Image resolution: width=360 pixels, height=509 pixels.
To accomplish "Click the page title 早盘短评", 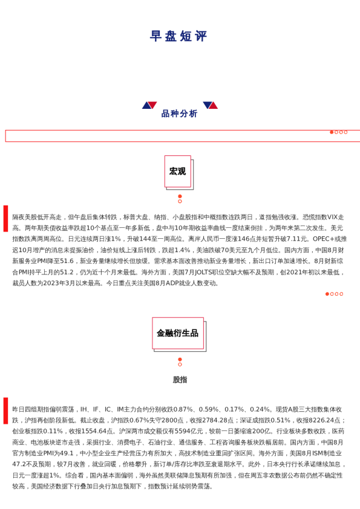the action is coord(178,36).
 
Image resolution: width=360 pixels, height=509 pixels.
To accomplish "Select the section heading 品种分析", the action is coord(180,114).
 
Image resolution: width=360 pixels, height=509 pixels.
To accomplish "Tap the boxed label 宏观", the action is coord(177,172).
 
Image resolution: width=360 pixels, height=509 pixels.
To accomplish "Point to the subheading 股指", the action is coord(180,380).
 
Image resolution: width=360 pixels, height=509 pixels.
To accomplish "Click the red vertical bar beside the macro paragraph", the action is coord(5,218).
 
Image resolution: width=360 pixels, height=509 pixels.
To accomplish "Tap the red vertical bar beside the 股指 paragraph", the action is coord(5,410).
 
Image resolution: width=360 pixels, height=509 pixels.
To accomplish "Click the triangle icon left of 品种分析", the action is coord(149,105).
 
